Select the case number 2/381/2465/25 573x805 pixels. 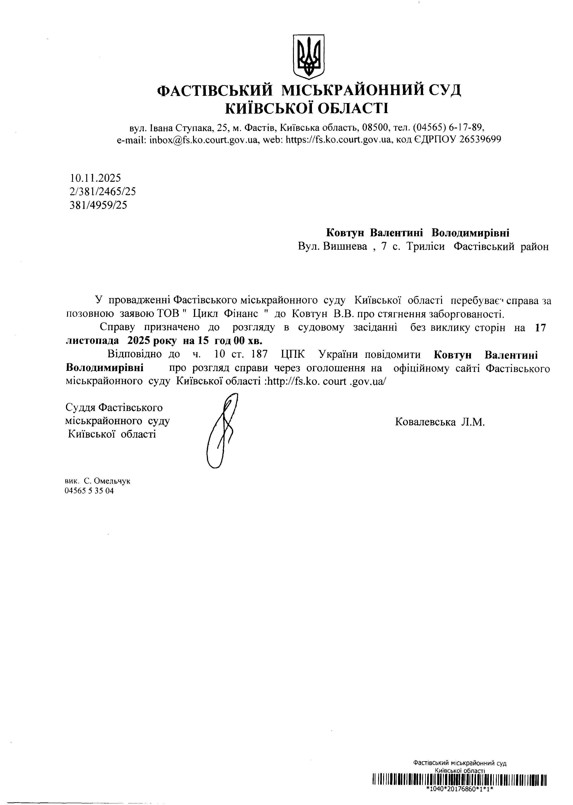click(103, 192)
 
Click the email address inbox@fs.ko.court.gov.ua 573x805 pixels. click(205, 140)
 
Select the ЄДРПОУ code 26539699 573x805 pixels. click(480, 139)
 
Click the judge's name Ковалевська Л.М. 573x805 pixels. click(440, 422)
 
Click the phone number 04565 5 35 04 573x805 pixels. click(89, 491)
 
